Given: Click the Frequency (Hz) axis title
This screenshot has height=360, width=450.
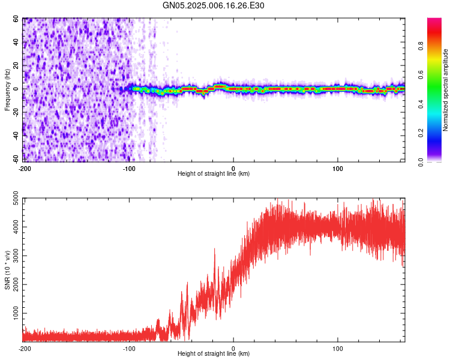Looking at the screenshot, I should [x=7, y=90].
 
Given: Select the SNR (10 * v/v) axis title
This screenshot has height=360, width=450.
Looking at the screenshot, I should [x=7, y=269].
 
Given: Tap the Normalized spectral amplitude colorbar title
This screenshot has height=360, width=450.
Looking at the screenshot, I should [x=445, y=90].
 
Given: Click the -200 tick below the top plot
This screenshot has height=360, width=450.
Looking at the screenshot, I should [x=25, y=168].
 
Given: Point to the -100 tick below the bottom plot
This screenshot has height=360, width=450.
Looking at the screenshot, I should [x=129, y=348].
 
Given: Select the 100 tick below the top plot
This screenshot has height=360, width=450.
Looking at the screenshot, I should [x=338, y=168].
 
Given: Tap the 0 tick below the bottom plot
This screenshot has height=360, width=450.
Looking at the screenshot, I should [x=233, y=348].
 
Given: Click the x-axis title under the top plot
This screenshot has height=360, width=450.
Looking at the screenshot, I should [x=214, y=174].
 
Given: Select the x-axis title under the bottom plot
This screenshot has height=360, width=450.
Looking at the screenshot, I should [x=214, y=354].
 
